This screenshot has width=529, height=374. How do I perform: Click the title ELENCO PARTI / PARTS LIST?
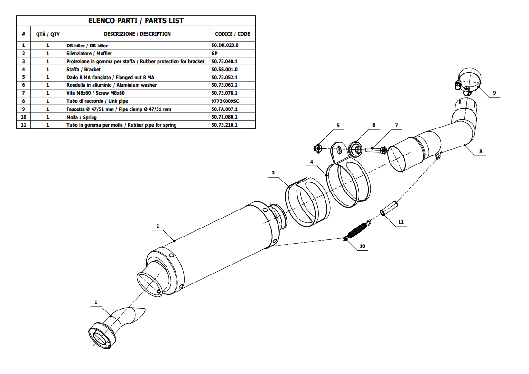tap(136, 20)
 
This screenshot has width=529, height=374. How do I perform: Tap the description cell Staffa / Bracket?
tap(84, 69)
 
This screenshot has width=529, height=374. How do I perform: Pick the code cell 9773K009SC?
tap(225, 101)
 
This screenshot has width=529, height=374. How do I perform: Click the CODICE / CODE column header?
tap(232, 34)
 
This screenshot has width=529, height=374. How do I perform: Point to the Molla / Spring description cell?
tap(82, 117)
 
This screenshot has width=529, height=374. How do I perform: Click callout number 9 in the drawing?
tap(494, 93)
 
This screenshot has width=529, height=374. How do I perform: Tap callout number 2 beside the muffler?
tap(158, 226)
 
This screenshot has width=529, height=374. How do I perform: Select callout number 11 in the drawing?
tap(401, 222)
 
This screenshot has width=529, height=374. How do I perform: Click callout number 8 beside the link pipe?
tap(480, 152)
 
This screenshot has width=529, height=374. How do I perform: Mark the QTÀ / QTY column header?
tap(48, 34)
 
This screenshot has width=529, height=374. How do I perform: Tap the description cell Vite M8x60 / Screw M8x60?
tap(95, 93)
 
